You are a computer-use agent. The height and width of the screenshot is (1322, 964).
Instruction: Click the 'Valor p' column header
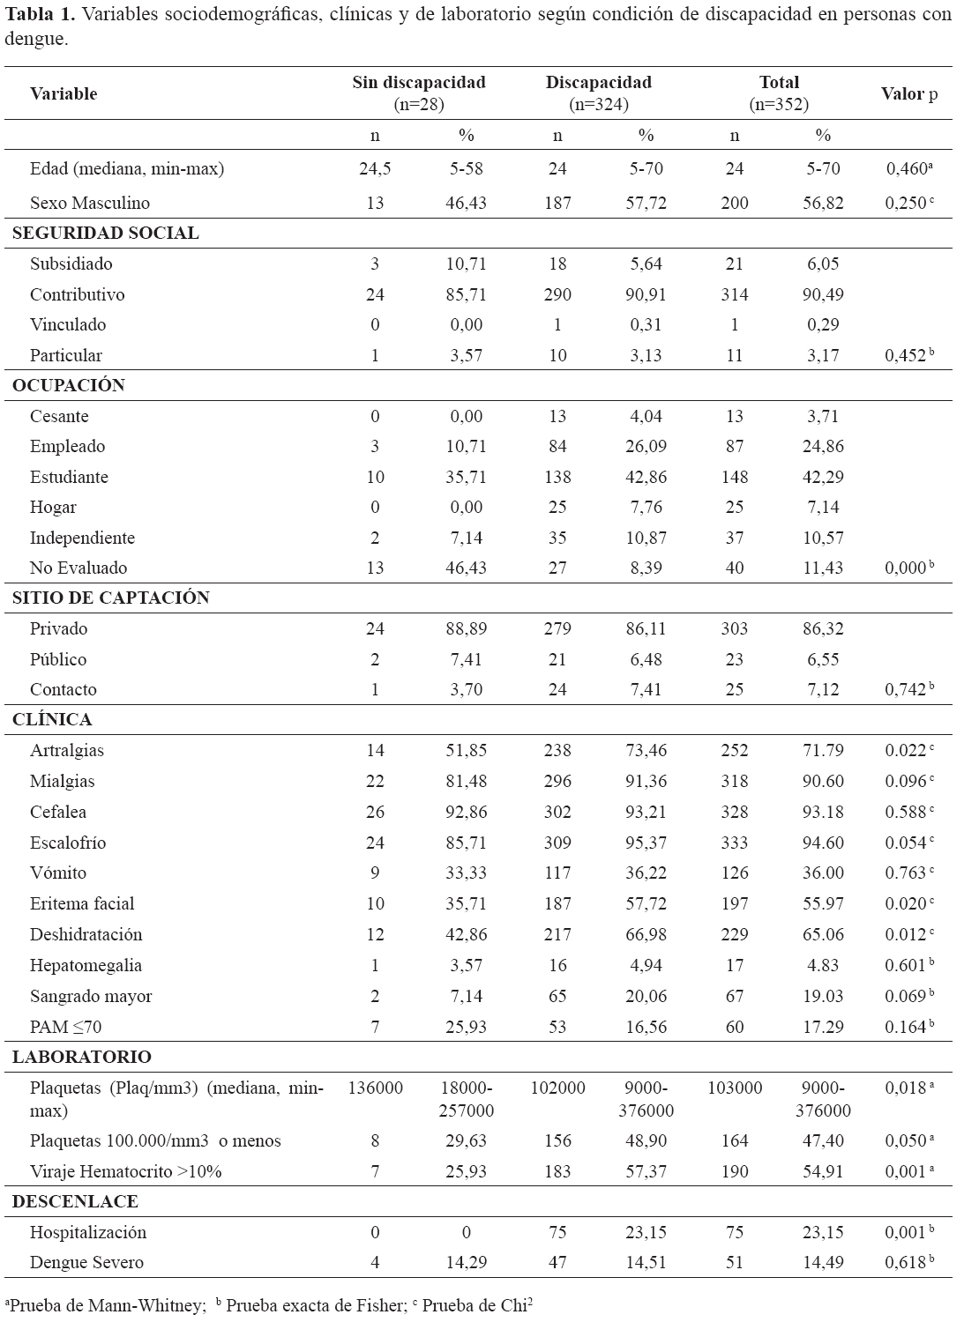click(908, 93)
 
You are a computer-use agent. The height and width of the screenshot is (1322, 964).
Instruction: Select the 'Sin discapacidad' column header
click(419, 83)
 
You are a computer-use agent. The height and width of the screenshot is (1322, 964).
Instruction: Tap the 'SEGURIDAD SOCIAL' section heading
click(105, 234)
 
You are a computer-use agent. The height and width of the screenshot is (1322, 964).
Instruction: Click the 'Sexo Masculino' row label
click(90, 203)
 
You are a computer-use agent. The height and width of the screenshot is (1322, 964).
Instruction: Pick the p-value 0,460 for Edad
click(906, 168)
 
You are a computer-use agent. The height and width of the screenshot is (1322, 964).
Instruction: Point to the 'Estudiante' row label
click(69, 477)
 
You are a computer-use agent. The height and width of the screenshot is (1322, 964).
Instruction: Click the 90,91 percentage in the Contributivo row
click(646, 294)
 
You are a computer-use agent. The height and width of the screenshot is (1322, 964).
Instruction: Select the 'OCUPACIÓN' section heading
click(69, 386)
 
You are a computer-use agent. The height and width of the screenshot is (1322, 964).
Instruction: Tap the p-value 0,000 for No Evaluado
click(906, 568)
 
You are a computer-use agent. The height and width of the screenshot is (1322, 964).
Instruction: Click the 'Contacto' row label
click(64, 690)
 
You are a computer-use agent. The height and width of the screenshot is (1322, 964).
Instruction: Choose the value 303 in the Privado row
click(734, 629)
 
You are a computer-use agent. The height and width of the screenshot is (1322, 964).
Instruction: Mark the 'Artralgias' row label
click(67, 751)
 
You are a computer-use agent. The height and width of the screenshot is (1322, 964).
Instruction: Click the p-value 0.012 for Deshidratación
click(906, 935)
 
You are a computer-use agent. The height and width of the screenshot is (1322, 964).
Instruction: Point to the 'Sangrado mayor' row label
click(91, 997)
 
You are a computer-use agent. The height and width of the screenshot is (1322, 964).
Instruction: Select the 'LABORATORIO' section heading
click(82, 1058)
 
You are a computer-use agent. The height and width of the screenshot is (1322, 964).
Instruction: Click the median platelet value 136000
click(376, 1088)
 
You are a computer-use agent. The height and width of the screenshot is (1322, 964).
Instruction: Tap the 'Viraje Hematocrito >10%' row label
click(126, 1172)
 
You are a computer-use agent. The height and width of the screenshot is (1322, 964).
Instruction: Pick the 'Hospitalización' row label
click(88, 1233)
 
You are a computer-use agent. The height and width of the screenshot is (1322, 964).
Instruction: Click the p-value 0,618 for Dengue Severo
click(906, 1263)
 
